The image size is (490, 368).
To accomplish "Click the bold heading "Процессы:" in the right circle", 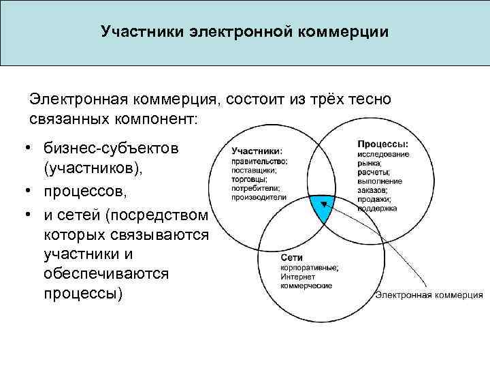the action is pos(383,144).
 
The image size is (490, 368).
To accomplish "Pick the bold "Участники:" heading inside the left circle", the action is pos(258,151).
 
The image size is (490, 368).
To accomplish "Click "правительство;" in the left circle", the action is pos(259,161).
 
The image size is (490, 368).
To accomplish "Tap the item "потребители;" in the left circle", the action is pos(255,187).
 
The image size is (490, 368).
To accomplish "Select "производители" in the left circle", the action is pos(259,197).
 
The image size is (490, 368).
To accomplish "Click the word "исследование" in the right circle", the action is pos(383,154).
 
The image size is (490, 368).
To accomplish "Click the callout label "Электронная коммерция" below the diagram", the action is pos(429,295).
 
